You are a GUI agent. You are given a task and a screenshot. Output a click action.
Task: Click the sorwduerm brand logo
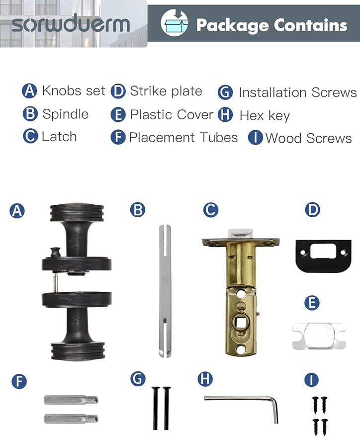(x=71, y=24)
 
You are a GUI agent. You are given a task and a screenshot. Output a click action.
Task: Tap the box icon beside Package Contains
(x=175, y=23)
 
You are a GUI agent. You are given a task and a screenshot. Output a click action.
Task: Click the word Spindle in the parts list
(x=65, y=114)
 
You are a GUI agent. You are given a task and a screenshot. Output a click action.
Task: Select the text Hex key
(x=265, y=115)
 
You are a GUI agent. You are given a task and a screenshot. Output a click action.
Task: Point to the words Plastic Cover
(x=172, y=114)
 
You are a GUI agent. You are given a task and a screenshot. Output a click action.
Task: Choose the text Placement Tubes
(x=183, y=137)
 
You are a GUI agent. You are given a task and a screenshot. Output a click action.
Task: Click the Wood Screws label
(x=308, y=138)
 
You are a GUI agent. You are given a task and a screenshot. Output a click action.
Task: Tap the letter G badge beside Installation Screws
(x=225, y=92)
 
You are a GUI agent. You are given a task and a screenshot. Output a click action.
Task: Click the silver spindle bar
(x=165, y=291)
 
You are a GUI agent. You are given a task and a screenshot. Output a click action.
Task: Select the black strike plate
(x=323, y=255)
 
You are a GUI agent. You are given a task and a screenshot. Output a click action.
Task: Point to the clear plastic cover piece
(x=319, y=336)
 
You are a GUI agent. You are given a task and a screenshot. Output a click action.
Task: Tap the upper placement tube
(x=71, y=400)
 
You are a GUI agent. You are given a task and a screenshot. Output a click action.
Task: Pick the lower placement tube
(x=71, y=418)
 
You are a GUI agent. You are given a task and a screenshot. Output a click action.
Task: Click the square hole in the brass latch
(x=240, y=323)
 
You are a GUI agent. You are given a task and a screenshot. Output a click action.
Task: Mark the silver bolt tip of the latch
(x=241, y=234)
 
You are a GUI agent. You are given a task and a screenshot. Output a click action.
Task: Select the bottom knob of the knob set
(x=78, y=350)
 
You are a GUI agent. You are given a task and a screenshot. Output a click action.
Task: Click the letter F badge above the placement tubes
(x=19, y=381)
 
